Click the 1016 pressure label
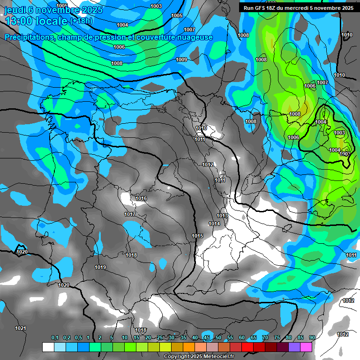[x=141, y=199]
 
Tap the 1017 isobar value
[x=130, y=215]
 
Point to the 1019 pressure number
[x=100, y=268]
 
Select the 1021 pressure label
[x=21, y=328]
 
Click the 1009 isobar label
[x=181, y=60]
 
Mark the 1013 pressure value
[x=222, y=216]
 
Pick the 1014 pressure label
[x=214, y=224]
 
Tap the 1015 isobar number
[x=197, y=236]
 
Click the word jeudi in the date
[x=15, y=10]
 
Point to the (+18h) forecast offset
[x=81, y=21]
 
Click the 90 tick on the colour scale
[x=312, y=338]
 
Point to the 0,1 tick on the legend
[x=54, y=338]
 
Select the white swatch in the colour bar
[x=48, y=347]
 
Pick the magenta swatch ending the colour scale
[x=306, y=347]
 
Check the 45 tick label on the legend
[x=206, y=338]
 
